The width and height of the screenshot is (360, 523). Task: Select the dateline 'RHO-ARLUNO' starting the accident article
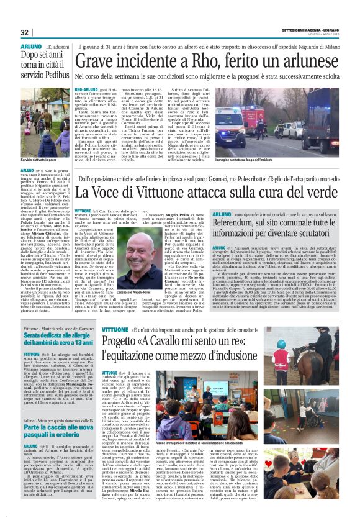point(86,90)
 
